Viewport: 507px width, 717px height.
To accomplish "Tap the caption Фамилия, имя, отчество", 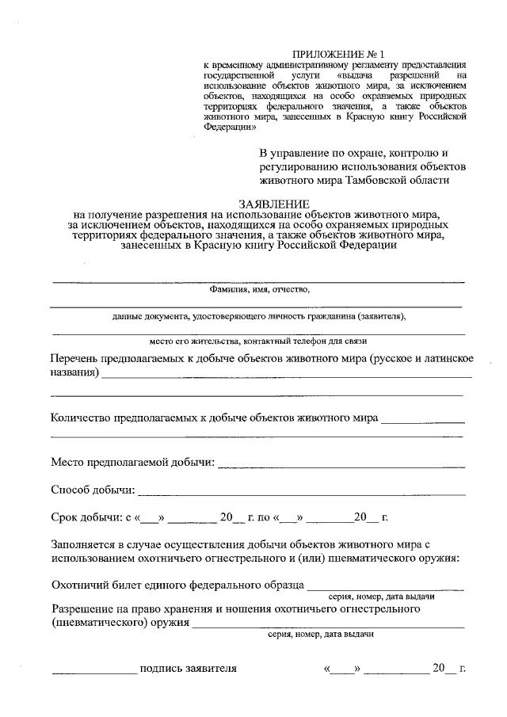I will coord(258,290).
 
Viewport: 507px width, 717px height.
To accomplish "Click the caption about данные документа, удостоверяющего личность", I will coord(258,316).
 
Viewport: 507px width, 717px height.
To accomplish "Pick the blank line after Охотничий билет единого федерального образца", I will coord(385,589).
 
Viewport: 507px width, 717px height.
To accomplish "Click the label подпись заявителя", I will coord(188,668).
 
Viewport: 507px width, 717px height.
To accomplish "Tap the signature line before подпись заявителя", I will coord(94,673).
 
